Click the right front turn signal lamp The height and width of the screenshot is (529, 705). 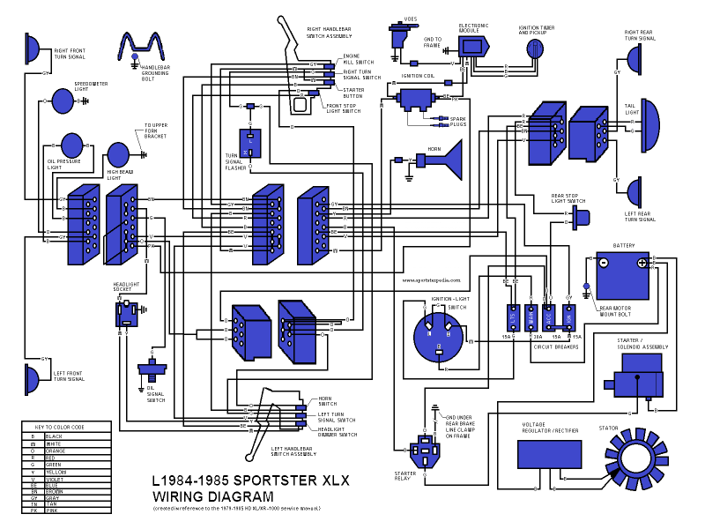[x=33, y=50]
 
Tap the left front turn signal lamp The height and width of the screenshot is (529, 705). [x=32, y=379]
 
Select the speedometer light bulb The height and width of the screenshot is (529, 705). [x=64, y=101]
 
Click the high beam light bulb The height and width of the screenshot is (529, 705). [x=118, y=154]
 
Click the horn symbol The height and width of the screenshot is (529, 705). [x=445, y=163]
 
